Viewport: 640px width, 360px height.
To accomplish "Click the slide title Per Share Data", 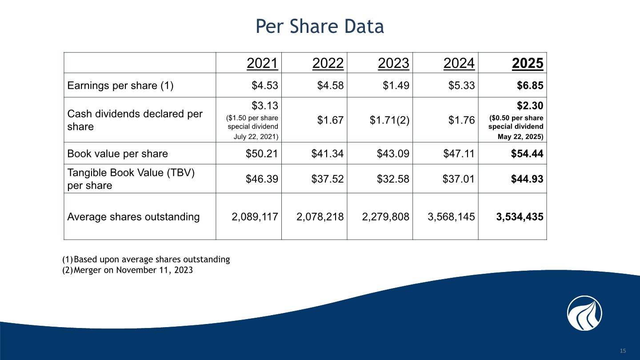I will click(320, 27).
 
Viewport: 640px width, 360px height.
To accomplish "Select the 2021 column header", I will click(262, 64).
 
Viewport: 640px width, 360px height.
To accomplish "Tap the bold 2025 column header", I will click(527, 64).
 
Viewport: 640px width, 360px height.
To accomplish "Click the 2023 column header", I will click(393, 64).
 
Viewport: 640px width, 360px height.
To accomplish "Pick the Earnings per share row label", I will click(120, 86).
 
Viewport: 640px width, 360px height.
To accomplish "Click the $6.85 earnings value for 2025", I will click(530, 86).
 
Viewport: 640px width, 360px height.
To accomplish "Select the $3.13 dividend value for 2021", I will click(265, 105).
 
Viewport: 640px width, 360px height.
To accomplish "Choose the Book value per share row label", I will click(117, 154).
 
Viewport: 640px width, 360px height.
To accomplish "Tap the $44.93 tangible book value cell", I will click(526, 179).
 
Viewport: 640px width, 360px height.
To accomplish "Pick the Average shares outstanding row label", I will click(133, 217).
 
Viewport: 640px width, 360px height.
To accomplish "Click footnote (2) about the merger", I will click(128, 269).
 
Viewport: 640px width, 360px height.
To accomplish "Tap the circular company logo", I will click(584, 313).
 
